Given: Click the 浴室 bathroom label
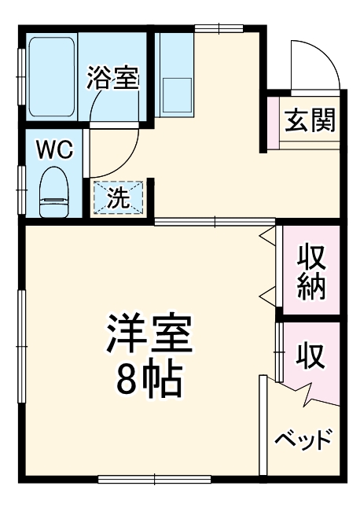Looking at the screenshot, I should (x=112, y=79).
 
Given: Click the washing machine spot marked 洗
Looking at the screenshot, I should (x=119, y=197).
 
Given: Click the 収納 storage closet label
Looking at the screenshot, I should (x=310, y=272).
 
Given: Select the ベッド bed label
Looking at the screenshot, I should (x=303, y=439).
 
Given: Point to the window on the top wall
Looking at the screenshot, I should (x=219, y=30).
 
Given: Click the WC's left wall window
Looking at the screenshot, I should (x=21, y=189).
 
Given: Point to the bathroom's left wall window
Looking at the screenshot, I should (x=21, y=77).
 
